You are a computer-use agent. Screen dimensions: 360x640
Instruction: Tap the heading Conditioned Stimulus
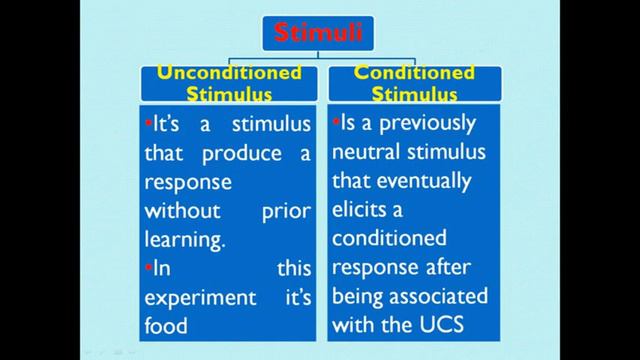(414, 84)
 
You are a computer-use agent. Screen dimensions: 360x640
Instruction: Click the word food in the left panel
(167, 324)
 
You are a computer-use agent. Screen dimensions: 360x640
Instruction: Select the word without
(180, 212)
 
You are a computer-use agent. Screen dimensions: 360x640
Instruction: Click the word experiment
(196, 297)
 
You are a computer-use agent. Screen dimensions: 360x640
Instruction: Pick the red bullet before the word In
(148, 268)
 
